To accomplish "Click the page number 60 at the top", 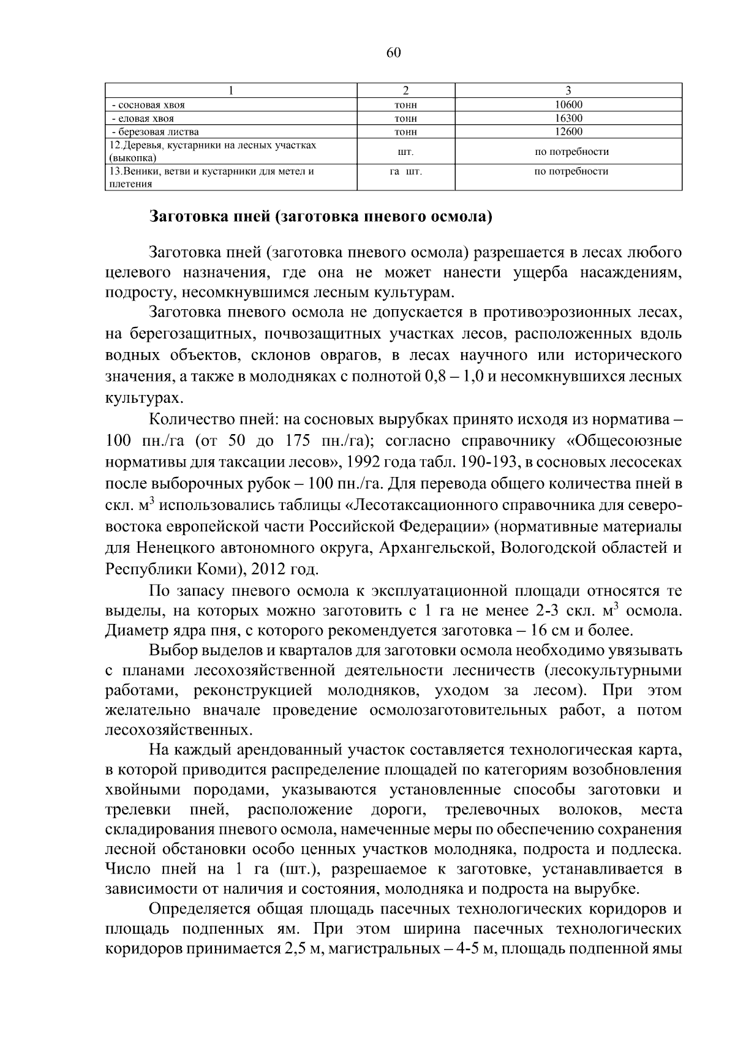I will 393,53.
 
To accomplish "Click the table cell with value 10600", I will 568,105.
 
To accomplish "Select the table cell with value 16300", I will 568,118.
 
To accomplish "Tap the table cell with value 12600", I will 568,132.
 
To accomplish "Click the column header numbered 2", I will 405,91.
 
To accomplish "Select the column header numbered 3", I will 568,91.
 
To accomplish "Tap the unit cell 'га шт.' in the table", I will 405,172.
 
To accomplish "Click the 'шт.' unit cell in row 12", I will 405,151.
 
